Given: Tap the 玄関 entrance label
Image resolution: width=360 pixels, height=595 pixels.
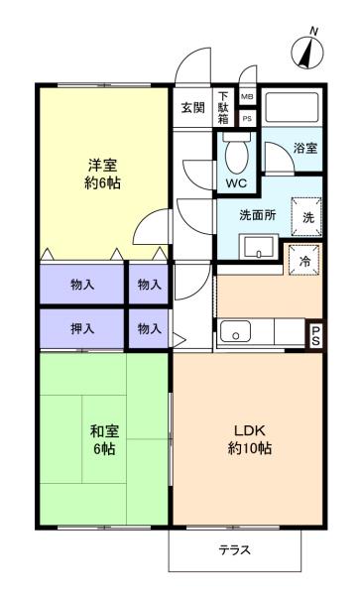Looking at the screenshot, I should click(x=192, y=107).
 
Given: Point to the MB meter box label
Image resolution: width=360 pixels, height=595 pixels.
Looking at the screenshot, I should click(x=247, y=96).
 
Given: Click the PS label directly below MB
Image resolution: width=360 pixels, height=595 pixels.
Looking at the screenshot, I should click(x=247, y=118).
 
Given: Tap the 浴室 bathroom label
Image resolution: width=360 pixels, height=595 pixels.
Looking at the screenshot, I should click(x=304, y=148).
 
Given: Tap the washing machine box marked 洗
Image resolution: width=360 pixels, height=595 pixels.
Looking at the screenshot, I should click(x=306, y=215).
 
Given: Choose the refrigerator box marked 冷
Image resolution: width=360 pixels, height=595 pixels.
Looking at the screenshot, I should click(x=304, y=261).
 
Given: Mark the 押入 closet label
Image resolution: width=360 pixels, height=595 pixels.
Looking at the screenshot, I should click(x=83, y=328).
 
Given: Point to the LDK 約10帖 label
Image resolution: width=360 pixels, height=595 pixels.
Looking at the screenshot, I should click(x=253, y=438).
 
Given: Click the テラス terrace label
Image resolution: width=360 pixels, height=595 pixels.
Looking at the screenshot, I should click(x=235, y=549).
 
